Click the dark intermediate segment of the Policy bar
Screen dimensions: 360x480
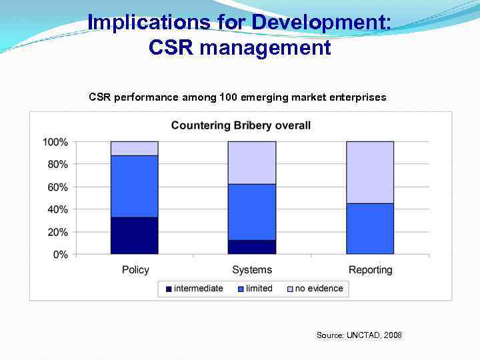pyautogui.click(x=134, y=235)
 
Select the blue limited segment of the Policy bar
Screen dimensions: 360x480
pyautogui.click(x=134, y=186)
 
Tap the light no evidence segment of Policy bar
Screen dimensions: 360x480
pyautogui.click(x=134, y=148)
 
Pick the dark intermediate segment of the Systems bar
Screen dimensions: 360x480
pyautogui.click(x=252, y=247)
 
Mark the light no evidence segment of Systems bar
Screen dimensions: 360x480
pyautogui.click(x=252, y=163)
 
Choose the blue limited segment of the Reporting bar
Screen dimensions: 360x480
pyautogui.click(x=370, y=229)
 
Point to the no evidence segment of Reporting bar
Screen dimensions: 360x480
pyautogui.click(x=370, y=172)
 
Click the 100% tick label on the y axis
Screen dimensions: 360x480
pyautogui.click(x=55, y=142)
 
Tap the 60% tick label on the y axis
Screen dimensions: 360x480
pyautogui.click(x=57, y=187)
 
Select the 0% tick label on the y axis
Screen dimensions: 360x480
pyautogui.click(x=60, y=255)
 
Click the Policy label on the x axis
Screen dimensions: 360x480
pyautogui.click(x=135, y=270)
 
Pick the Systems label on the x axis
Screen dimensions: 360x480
pyautogui.click(x=252, y=270)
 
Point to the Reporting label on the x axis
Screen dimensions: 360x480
pyautogui.click(x=371, y=270)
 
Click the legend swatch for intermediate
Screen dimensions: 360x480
pyautogui.click(x=169, y=289)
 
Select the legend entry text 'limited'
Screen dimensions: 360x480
pyautogui.click(x=259, y=289)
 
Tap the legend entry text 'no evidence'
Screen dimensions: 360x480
pyautogui.click(x=319, y=289)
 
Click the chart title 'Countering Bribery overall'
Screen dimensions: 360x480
pyautogui.click(x=241, y=125)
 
